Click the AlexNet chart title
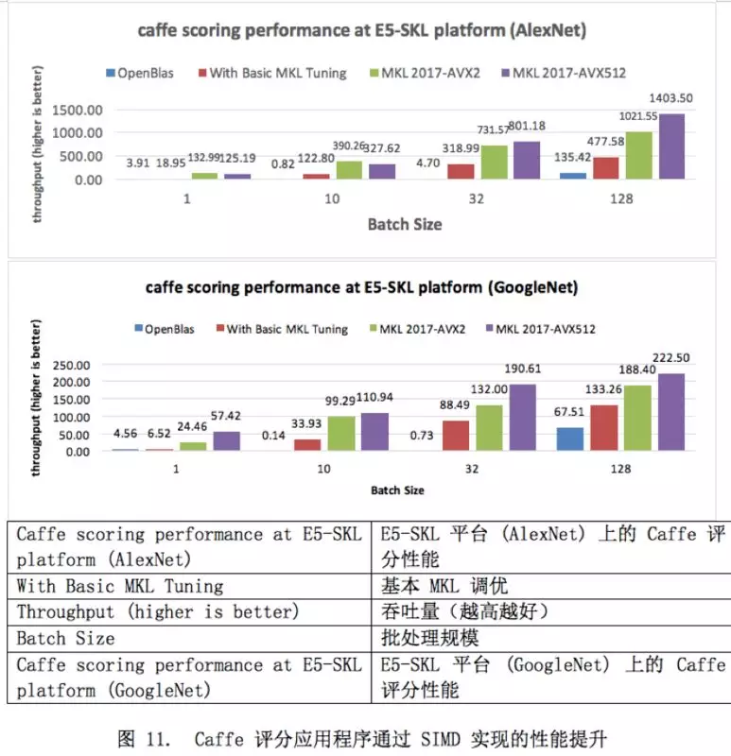point(362,30)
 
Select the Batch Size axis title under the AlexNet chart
point(404,224)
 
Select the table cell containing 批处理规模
point(549,638)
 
